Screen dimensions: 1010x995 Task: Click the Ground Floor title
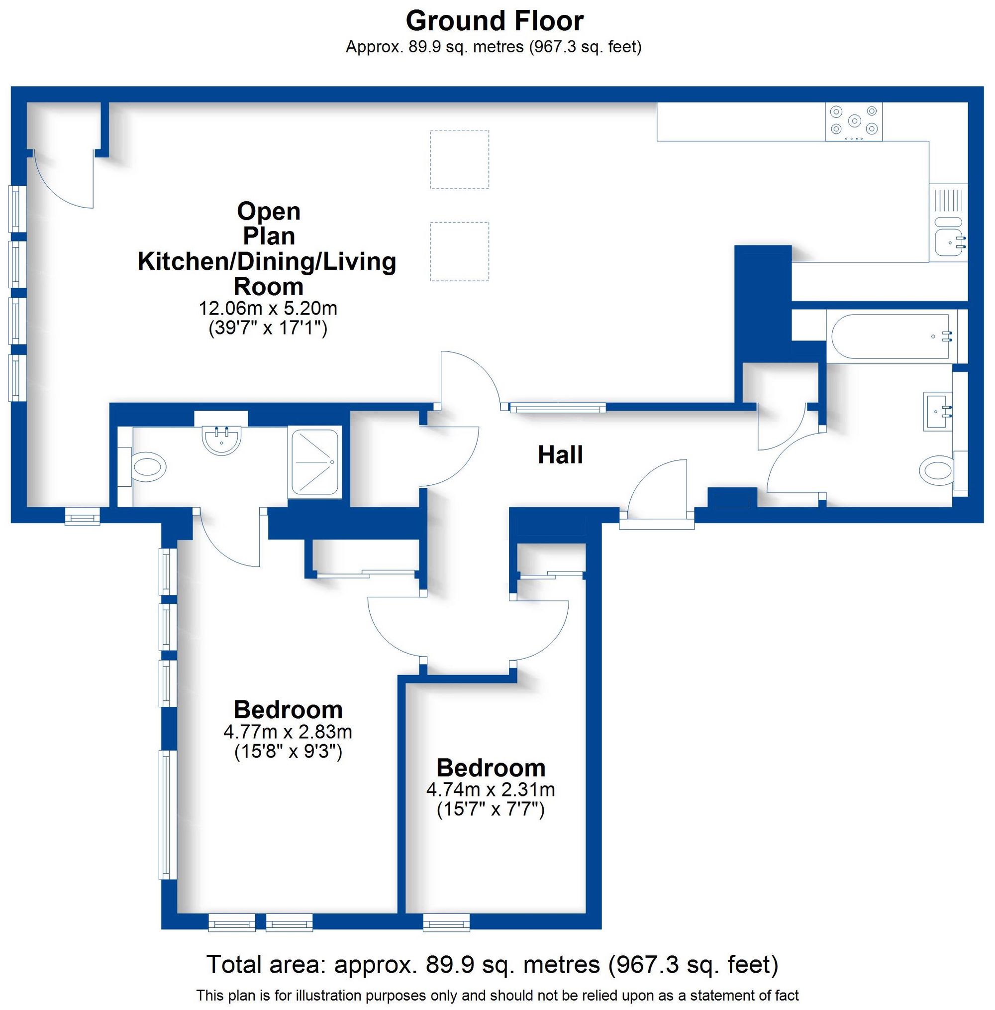(495, 21)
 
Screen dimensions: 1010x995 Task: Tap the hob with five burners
(854, 121)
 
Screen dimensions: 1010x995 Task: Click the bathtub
(889, 337)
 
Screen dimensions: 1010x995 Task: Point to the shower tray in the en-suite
(314, 462)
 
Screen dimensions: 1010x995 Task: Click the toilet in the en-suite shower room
(149, 466)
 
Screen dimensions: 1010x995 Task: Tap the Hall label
(560, 455)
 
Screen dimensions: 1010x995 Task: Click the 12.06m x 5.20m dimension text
(268, 308)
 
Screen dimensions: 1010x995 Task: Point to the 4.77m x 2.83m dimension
(288, 731)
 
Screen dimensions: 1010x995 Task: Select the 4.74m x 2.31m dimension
(490, 789)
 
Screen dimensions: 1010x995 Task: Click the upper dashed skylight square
(459, 159)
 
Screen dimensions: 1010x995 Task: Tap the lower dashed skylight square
(459, 251)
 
